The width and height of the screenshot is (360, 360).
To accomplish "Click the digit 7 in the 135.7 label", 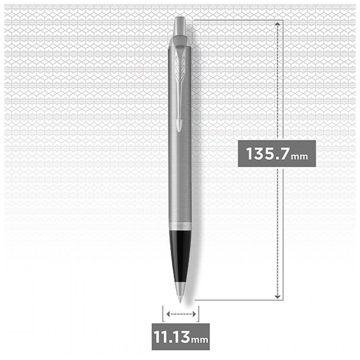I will (283, 154).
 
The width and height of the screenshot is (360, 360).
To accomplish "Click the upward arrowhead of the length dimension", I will (278, 23).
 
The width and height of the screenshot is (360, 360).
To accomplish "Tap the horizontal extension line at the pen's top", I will (236, 20).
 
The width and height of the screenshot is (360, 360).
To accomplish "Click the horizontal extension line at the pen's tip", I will (236, 300).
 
